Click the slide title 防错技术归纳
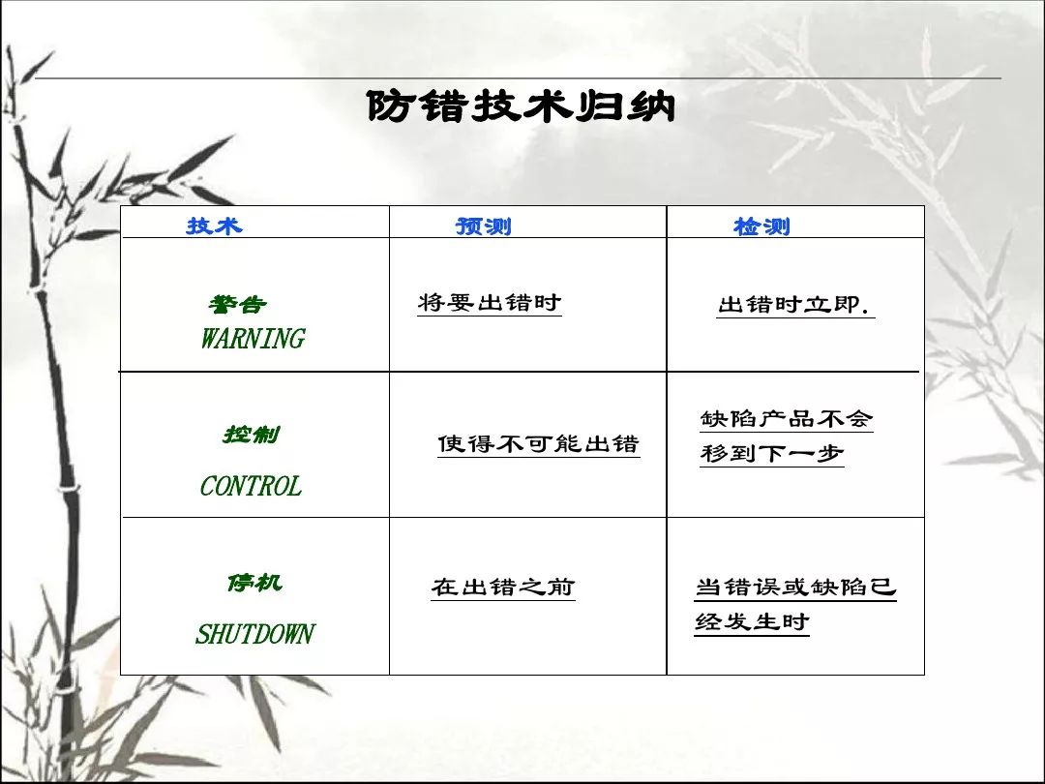(x=522, y=106)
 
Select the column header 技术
(x=214, y=226)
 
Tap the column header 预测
(x=483, y=226)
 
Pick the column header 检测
(x=761, y=226)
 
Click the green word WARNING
(x=254, y=339)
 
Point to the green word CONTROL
(x=251, y=486)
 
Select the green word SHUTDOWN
(x=254, y=633)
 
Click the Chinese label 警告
(x=237, y=305)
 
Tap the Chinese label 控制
(x=252, y=435)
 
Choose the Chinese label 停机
(x=254, y=583)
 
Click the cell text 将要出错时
(x=490, y=303)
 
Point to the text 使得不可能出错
(x=539, y=443)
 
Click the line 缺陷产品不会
(x=787, y=419)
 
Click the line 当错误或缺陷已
(x=795, y=588)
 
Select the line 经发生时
(x=752, y=622)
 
